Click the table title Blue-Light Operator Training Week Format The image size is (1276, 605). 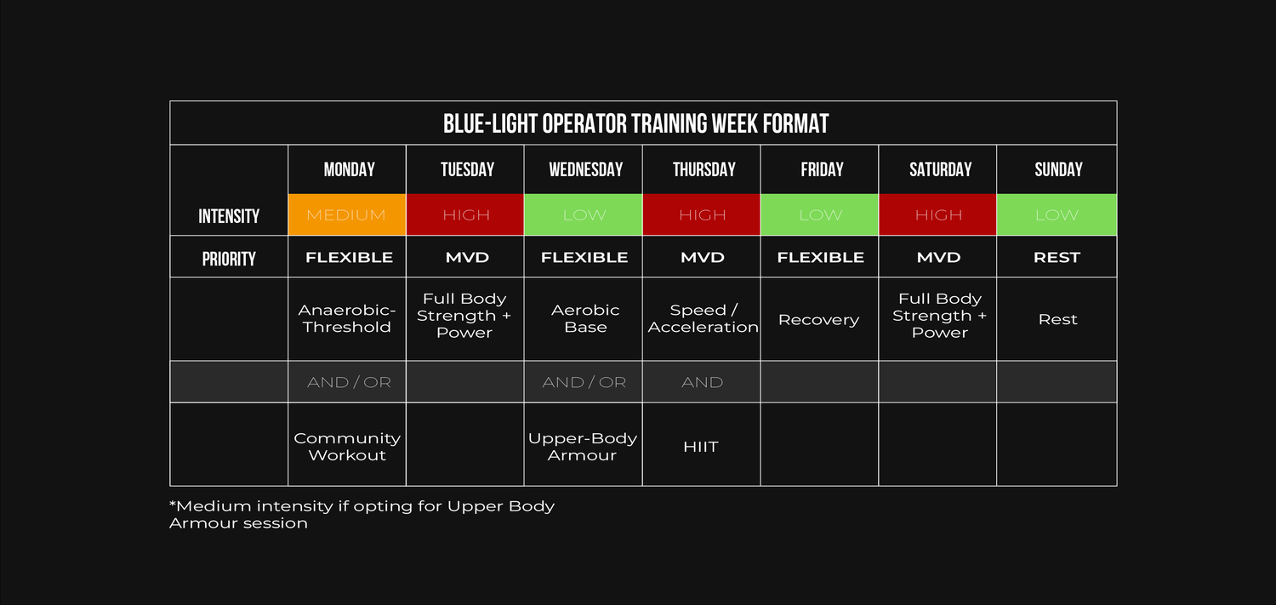click(x=635, y=123)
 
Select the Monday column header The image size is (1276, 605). click(x=349, y=169)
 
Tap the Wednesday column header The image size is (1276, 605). click(x=585, y=169)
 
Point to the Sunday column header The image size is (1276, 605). click(x=1058, y=169)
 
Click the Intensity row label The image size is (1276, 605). click(x=229, y=216)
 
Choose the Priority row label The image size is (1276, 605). click(x=229, y=260)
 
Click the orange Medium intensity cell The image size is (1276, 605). click(x=347, y=214)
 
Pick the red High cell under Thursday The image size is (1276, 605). click(x=702, y=214)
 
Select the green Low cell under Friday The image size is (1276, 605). click(x=820, y=214)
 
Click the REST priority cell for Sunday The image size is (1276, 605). click(x=1057, y=258)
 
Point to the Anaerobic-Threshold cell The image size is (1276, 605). click(x=347, y=318)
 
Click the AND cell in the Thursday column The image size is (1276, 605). click(x=702, y=382)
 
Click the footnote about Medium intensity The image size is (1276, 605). click(x=362, y=515)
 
